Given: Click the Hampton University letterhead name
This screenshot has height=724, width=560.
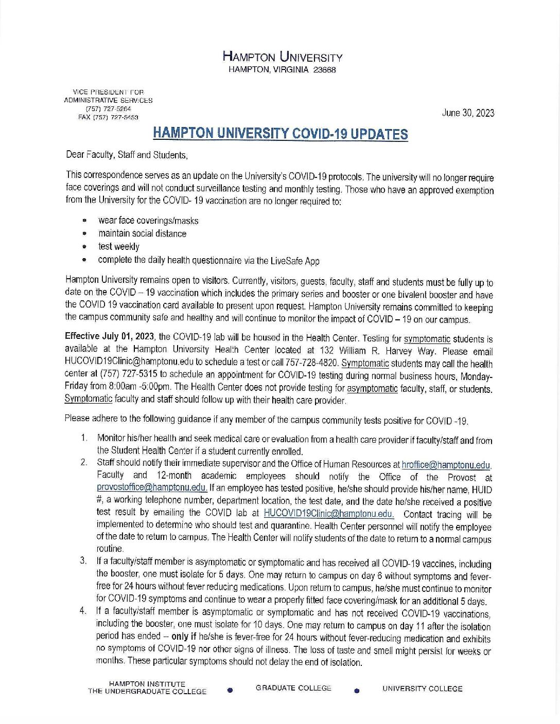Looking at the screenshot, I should tap(282, 57).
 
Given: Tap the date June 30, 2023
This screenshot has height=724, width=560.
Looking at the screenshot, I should tap(468, 113).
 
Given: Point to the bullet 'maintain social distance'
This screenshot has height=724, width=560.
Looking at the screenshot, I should tap(142, 233).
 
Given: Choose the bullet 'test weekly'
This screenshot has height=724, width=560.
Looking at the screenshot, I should tap(118, 246).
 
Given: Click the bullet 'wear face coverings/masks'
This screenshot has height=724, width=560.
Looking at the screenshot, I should tap(148, 221).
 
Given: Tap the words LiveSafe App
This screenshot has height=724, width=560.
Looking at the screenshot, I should tap(295, 261).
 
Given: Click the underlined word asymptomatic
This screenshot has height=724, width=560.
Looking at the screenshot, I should tap(372, 389).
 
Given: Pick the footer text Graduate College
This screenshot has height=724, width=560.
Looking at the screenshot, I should tap(293, 688).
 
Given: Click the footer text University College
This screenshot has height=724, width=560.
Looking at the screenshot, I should tap(422, 689).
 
